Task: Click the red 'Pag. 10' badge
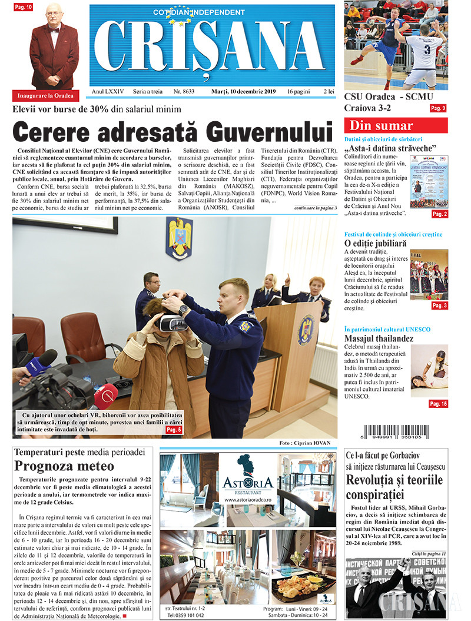pos(24,6)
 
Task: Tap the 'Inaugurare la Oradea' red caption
pos(45,96)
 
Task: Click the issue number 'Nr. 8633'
pos(184,92)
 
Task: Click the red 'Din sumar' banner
pos(396,125)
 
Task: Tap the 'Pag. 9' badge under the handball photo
pos(438,108)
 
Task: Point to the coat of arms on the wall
pos(179,238)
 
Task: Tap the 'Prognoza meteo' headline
pos(65,466)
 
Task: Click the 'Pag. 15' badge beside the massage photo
pos(438,404)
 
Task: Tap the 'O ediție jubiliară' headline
pos(375,243)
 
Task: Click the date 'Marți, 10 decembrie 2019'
pos(243,92)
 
